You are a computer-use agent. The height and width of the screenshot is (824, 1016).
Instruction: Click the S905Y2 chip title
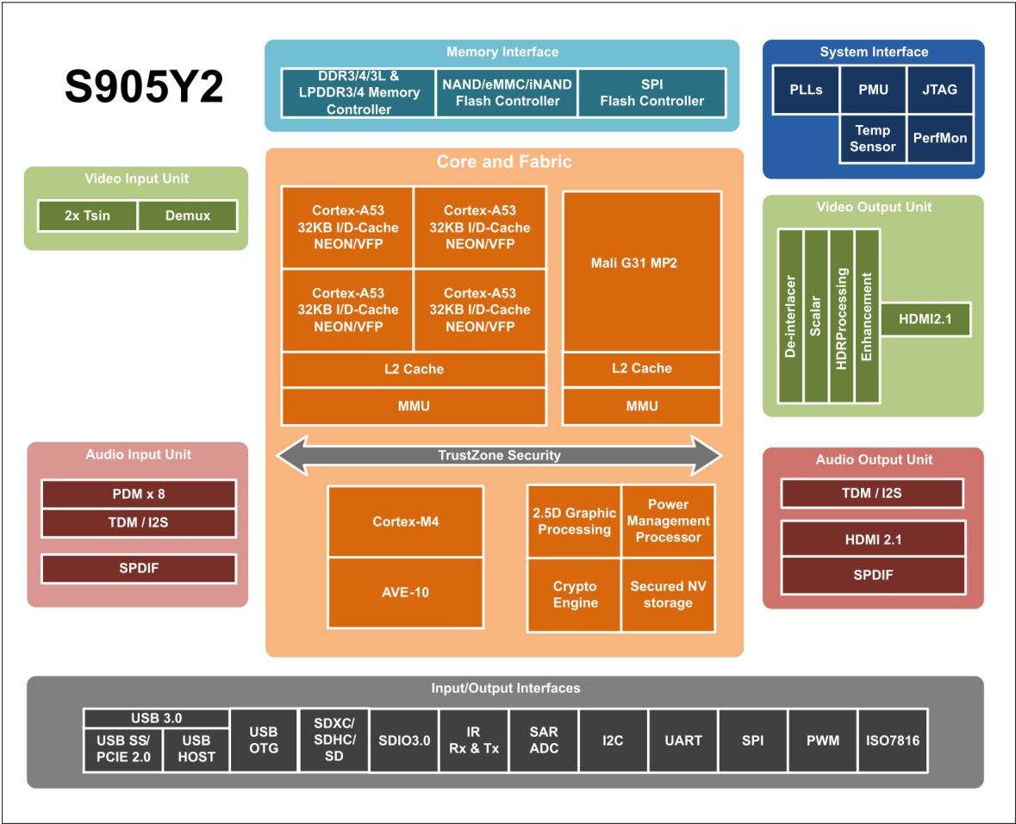pos(144,87)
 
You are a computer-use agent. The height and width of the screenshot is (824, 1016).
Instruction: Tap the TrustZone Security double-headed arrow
pos(498,455)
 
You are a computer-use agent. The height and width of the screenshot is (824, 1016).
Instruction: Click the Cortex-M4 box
pos(405,521)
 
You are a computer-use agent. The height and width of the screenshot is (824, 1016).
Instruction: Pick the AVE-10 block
pos(405,592)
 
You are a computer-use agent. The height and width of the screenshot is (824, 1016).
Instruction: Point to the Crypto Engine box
pos(574,595)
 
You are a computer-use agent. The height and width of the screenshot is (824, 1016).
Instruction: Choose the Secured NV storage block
pos(668,595)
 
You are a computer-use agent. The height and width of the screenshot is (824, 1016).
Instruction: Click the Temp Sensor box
pos(872,139)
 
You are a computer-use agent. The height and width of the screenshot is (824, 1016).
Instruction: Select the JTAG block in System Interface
pos(939,90)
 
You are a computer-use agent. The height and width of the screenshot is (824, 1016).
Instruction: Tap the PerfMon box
pos(939,139)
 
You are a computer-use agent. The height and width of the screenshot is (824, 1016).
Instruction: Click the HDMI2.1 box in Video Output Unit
pos(925,319)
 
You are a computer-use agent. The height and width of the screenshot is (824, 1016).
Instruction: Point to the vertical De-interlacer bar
pos(790,316)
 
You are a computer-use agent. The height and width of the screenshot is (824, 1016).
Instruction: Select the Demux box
pos(187,215)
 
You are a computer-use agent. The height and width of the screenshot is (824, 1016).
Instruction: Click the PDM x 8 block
pos(139,495)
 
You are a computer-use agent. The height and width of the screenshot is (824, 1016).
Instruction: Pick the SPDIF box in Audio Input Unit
pos(139,569)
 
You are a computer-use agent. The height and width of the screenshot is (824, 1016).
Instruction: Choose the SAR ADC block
pos(544,740)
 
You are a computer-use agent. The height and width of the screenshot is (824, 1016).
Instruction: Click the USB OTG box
pos(264,740)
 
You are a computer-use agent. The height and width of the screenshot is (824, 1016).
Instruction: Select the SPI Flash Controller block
pos(651,93)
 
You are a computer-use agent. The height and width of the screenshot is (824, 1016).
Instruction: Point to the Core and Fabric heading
pos(504,162)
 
